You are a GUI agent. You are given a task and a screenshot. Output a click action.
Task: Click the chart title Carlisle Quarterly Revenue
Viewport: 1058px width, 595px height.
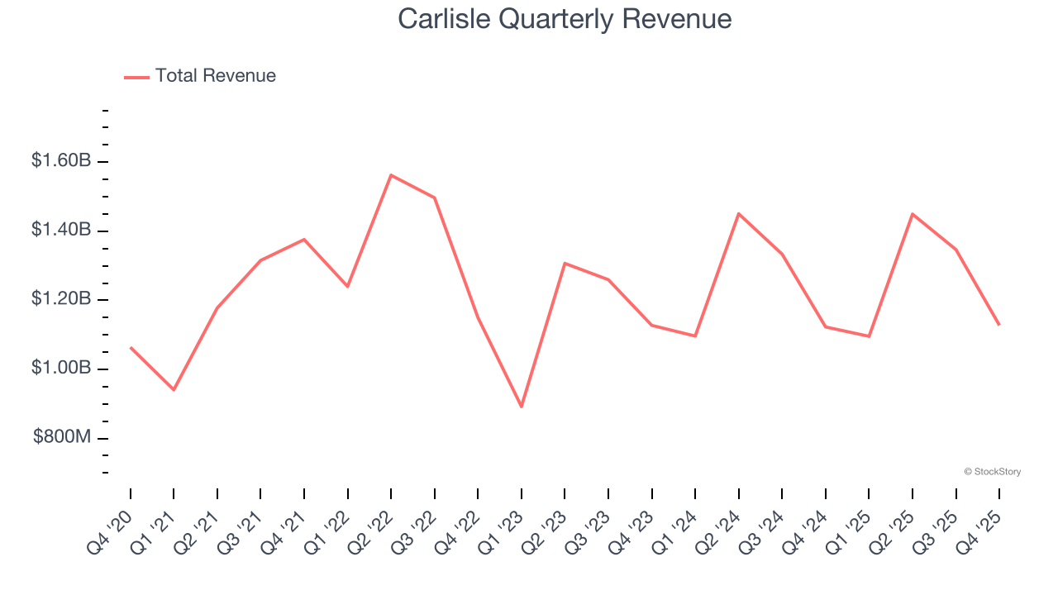pos(565,19)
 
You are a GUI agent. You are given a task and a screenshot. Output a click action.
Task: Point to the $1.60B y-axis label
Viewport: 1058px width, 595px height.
pos(61,160)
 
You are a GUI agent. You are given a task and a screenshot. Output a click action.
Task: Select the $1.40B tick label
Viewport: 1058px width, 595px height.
pos(61,230)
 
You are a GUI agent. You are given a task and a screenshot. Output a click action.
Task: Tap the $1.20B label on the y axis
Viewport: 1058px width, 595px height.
pos(61,298)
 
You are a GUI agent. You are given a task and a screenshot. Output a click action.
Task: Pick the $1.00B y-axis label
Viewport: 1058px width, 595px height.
pos(61,368)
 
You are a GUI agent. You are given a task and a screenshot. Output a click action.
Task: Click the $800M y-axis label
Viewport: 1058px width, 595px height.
pos(62,437)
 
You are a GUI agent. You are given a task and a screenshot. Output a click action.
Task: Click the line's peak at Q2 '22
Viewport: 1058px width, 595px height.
pos(391,175)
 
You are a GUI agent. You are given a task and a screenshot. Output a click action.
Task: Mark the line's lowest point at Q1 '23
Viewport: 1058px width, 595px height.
pos(522,407)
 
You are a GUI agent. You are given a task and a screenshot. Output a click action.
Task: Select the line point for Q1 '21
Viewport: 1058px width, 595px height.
pos(174,389)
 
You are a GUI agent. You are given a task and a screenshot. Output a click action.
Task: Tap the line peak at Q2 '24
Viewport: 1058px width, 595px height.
pos(738,214)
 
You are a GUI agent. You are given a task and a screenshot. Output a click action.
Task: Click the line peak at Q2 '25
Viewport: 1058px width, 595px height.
pos(913,214)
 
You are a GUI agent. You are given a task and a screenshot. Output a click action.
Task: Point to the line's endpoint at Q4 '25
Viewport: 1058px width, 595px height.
pos(998,324)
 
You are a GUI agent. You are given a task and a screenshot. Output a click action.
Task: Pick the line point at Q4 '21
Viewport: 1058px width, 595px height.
pos(304,240)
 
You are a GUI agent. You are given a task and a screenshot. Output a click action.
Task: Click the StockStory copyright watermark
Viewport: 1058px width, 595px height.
pos(992,472)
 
